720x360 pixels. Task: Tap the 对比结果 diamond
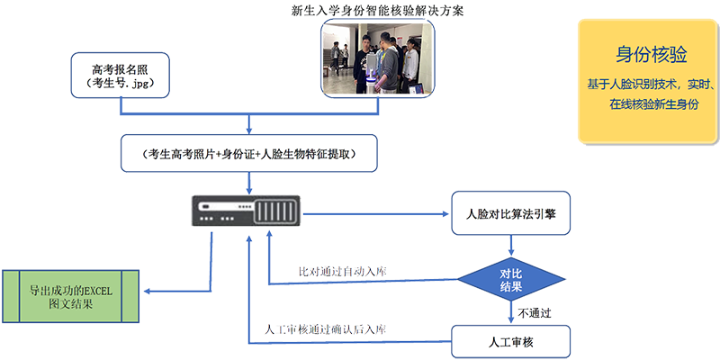tap(510, 279)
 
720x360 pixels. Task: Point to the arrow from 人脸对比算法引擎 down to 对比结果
tap(510, 244)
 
